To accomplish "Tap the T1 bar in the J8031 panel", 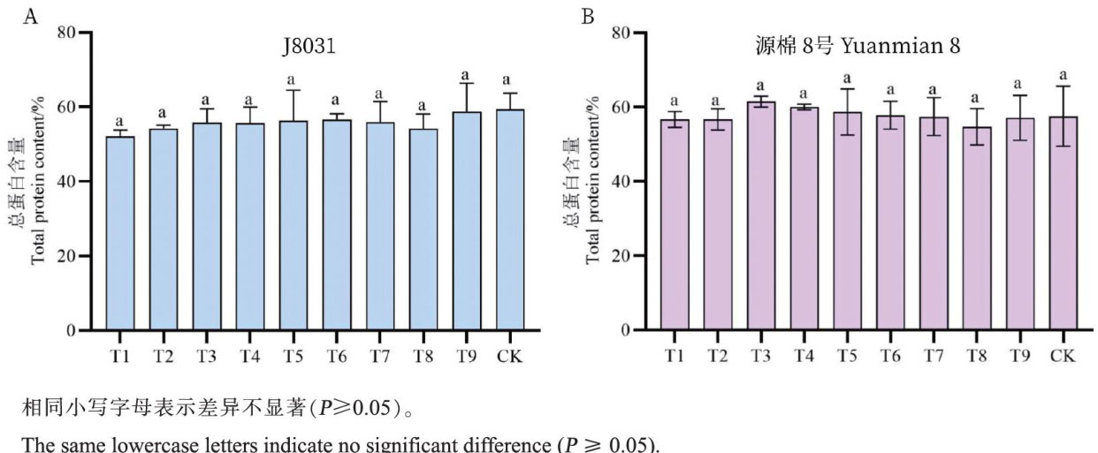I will [120, 234].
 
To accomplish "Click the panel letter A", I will [30, 16].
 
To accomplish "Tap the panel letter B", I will [587, 16].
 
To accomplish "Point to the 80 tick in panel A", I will [67, 33].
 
